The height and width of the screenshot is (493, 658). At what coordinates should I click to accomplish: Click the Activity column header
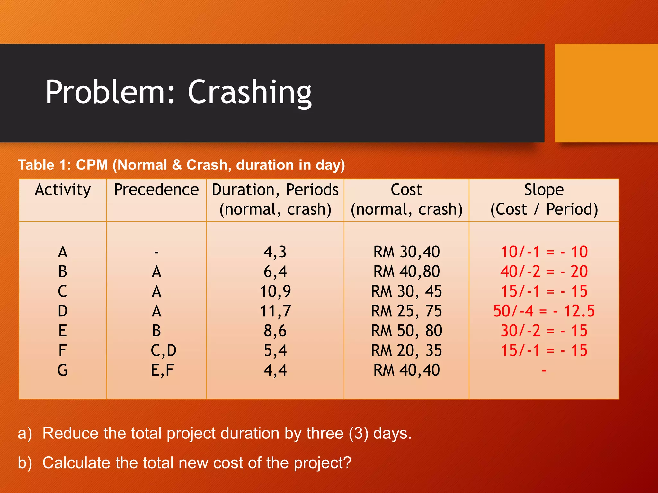(x=63, y=189)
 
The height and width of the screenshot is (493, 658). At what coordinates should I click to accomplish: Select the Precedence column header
(x=156, y=189)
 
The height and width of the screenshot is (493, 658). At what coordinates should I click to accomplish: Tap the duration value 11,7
(x=275, y=311)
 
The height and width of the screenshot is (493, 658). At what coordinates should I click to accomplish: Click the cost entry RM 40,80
(x=406, y=272)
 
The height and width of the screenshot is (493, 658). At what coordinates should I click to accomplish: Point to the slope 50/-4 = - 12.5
(x=544, y=311)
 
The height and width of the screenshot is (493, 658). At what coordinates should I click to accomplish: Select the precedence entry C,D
(x=163, y=350)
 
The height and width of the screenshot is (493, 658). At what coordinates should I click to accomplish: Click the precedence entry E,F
(x=162, y=370)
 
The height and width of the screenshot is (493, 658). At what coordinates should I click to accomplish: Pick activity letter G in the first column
(x=63, y=370)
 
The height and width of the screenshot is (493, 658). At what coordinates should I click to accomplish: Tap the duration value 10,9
(x=275, y=291)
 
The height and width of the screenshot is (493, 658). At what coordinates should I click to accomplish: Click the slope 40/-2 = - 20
(x=544, y=272)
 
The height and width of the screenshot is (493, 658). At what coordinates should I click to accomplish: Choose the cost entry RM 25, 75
(x=406, y=311)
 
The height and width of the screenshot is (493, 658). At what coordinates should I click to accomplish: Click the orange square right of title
(x=606, y=93)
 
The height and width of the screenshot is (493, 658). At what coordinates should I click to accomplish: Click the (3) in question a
(x=359, y=433)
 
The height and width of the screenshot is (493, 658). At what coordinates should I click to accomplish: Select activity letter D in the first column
(x=63, y=311)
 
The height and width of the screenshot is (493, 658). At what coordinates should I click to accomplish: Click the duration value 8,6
(x=275, y=331)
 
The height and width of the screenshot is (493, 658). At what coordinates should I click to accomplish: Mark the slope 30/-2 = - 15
(x=544, y=331)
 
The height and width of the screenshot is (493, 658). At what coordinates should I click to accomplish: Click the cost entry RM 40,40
(x=406, y=370)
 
